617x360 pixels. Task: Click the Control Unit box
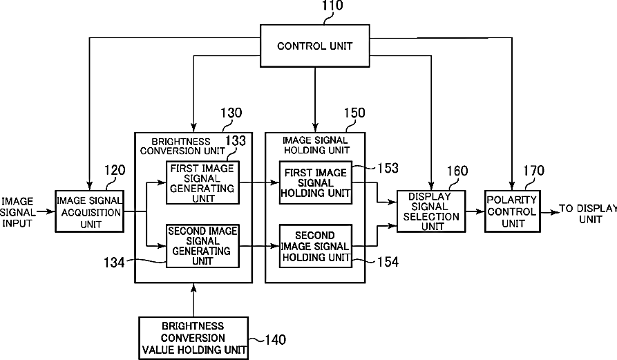click(315, 46)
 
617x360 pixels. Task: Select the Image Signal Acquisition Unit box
click(89, 211)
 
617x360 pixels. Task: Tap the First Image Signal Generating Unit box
click(202, 182)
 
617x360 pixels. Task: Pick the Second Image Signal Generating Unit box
click(202, 246)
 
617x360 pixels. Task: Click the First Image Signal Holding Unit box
click(316, 182)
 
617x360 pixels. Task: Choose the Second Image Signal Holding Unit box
click(316, 246)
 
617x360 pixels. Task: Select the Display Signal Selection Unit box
click(431, 211)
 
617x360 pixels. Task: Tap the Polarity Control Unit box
click(513, 211)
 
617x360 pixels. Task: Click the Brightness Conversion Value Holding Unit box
click(193, 338)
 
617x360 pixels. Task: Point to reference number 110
click(332, 6)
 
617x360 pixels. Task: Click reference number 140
click(276, 339)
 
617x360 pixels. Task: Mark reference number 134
click(114, 263)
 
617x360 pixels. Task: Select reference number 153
click(388, 168)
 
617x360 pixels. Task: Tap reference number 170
click(533, 171)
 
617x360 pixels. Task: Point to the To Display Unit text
click(588, 214)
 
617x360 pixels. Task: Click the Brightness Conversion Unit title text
click(182, 146)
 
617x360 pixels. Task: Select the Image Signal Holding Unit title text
click(316, 145)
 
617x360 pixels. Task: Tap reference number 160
click(457, 171)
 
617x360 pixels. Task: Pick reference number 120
click(115, 171)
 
